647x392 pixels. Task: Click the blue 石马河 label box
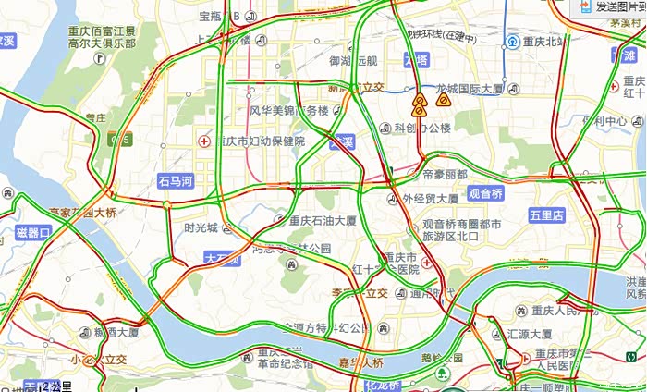175,181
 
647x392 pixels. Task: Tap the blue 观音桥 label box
485,194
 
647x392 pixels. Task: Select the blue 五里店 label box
546,214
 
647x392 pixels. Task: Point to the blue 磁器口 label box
33,233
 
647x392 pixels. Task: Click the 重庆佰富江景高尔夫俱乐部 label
102,37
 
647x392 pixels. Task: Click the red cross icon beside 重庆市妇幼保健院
204,141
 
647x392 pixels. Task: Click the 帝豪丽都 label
445,174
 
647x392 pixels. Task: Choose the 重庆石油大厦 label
323,221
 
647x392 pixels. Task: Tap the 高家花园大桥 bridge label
84,213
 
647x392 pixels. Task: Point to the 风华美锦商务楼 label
289,111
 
